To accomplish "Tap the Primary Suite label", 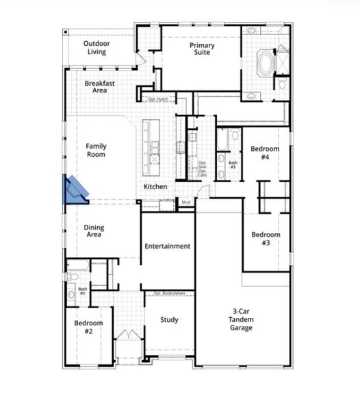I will pos(202,49).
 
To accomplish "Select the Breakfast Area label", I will pos(99,87).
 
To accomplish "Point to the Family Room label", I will pos(96,150).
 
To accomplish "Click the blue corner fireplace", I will pos(75,190).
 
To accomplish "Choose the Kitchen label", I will pos(155,187).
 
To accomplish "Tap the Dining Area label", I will pos(94,231).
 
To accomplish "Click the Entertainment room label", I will pos(167,247).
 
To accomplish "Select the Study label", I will pos(169,320).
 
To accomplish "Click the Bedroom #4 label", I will pos(263,153).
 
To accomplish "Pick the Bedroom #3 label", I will pos(266,239).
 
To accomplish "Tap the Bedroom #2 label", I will pos(89,327).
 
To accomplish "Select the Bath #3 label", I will pos(233,165).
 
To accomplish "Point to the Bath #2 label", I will pos(82,292).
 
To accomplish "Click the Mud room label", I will pos(185,202).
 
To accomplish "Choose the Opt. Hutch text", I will pos(157,100).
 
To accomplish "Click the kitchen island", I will pos(151,144).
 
